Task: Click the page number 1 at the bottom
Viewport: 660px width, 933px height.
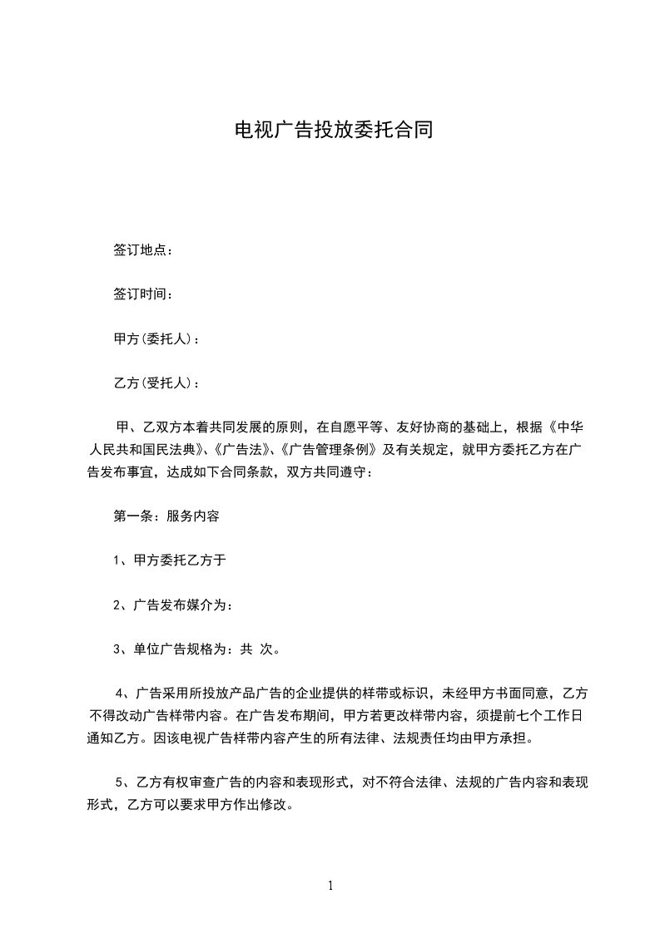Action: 330,885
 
